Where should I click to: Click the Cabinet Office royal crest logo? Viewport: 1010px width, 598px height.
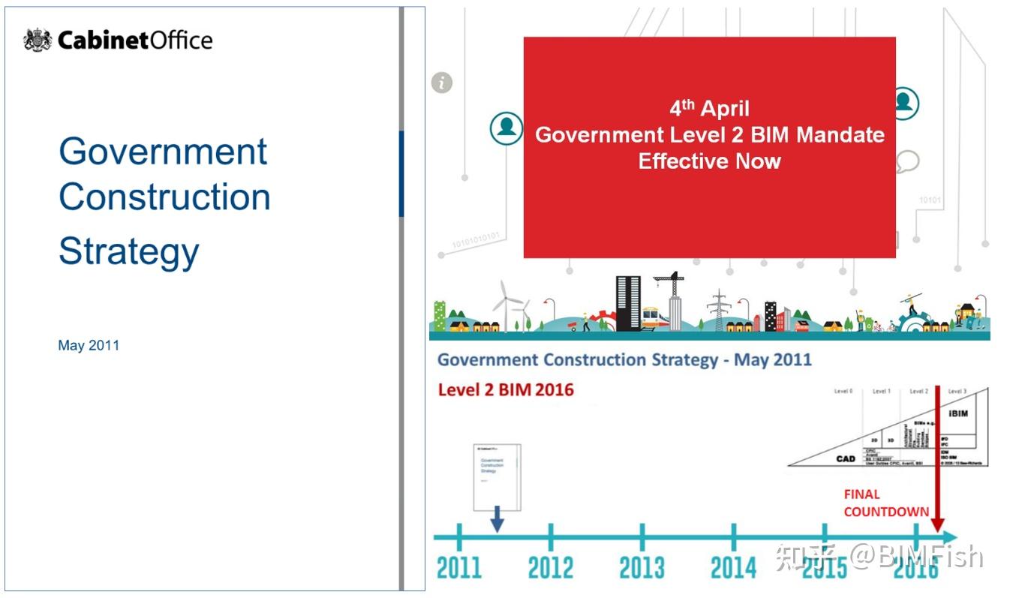pos(38,40)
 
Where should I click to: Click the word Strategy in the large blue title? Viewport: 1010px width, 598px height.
pos(128,251)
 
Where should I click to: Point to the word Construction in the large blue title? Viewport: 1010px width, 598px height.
pos(164,197)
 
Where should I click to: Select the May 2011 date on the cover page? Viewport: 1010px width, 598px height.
pos(89,346)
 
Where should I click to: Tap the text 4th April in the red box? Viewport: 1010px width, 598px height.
pos(709,108)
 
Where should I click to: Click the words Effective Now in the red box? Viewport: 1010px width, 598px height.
pos(709,161)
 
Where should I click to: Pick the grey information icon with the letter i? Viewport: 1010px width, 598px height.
pos(442,83)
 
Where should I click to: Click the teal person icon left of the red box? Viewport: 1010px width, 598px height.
pos(507,128)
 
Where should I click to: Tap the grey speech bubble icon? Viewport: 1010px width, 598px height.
pos(908,161)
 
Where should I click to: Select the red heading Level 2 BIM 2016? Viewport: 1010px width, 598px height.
pos(506,389)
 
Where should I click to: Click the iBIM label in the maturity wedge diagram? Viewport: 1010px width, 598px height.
pos(958,413)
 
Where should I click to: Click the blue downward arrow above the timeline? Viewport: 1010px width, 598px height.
pos(496,519)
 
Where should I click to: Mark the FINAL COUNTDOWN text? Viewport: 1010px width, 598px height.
pos(885,503)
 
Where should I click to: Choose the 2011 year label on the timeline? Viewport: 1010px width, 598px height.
pos(458,567)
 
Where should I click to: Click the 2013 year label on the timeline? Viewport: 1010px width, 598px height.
pos(642,567)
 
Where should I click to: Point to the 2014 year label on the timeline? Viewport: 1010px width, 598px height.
pos(733,567)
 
